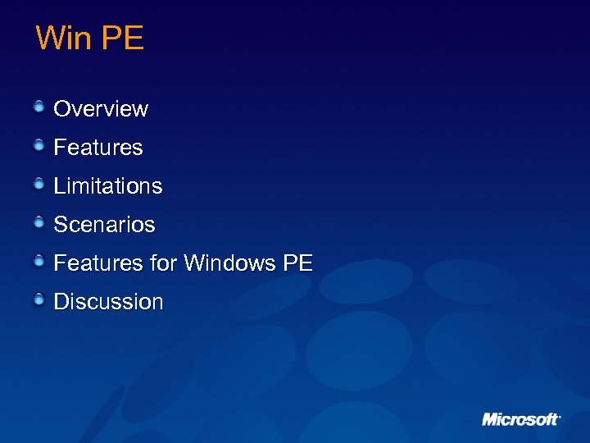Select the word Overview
(101, 109)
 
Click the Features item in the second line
(98, 148)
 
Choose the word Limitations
(108, 186)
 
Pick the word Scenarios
(104, 225)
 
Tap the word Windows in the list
(230, 263)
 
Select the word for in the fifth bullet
(164, 263)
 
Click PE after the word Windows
(298, 263)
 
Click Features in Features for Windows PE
(98, 263)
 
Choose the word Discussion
(108, 302)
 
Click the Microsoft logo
(521, 419)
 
